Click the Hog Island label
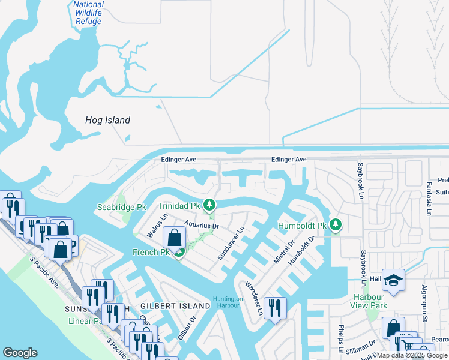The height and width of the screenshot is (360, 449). click(x=107, y=120)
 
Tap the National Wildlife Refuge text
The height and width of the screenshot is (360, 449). click(x=89, y=13)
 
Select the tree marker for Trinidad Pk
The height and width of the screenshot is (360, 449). click(x=209, y=206)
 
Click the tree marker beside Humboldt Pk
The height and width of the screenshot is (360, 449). click(x=335, y=226)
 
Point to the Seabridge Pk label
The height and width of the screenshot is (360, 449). click(x=122, y=207)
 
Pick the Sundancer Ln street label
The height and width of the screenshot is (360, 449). click(x=231, y=242)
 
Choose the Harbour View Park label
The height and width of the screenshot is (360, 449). click(x=369, y=301)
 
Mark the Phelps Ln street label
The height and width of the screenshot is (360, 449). click(x=340, y=340)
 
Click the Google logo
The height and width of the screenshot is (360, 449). click(x=20, y=353)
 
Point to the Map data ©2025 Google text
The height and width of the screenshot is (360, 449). click(x=412, y=355)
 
